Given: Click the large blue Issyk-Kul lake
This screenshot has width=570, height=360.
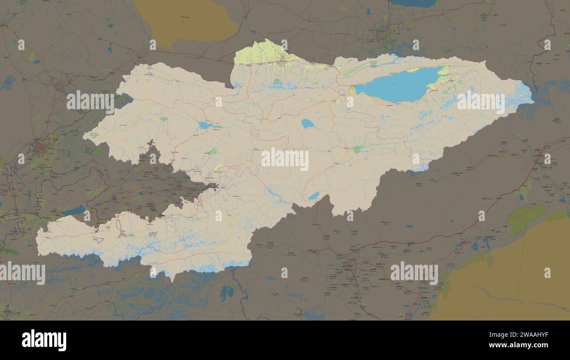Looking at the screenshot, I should click(x=397, y=85).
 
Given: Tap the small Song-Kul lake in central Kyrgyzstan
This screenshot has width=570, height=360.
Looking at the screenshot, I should click(x=307, y=123).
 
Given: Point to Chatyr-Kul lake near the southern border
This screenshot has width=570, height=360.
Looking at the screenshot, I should click(x=313, y=196).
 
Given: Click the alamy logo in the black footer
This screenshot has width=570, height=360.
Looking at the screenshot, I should click(x=44, y=340).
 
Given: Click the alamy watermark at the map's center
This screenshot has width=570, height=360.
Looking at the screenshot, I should click(x=285, y=159).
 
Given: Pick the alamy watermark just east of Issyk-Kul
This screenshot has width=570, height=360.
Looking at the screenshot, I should click(x=481, y=102).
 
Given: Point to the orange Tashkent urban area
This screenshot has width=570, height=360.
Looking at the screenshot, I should click(x=39, y=148).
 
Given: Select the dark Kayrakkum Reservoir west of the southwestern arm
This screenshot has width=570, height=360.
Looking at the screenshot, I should click(x=74, y=211).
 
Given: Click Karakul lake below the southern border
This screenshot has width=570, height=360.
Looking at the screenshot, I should click(x=226, y=292).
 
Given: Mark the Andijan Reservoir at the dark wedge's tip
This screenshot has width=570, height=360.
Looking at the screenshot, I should click(x=214, y=188).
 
